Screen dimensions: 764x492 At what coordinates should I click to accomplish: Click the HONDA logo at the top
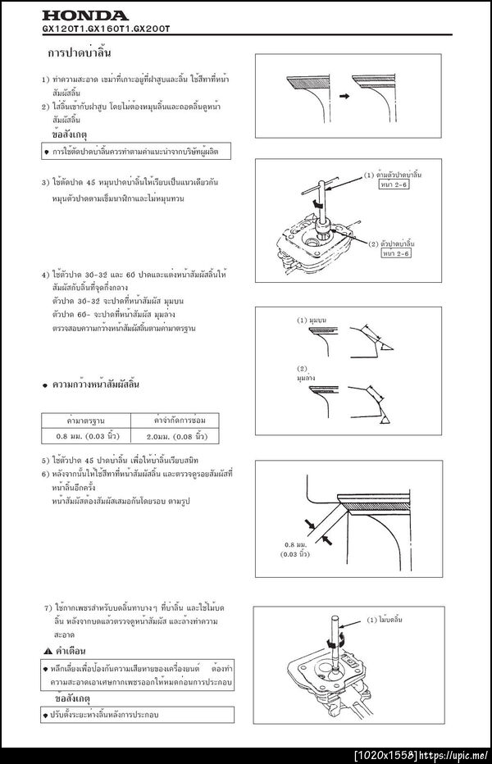[x=85, y=16]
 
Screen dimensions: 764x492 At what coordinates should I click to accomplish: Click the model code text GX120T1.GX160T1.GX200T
[x=110, y=29]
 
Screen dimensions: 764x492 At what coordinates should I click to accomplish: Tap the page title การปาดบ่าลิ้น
[x=80, y=53]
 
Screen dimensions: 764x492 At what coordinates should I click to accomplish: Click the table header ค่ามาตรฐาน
[x=90, y=420]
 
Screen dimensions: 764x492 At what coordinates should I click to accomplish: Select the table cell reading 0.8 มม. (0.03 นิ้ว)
[x=90, y=436]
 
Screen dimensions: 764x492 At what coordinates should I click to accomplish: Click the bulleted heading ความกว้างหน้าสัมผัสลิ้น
[x=97, y=384]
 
